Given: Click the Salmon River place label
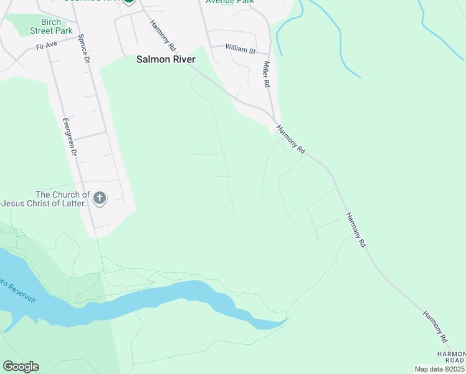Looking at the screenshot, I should click(166, 60).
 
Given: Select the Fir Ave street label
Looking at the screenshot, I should click(47, 46).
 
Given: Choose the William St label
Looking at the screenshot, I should click(240, 48).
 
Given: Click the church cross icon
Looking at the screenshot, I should click(100, 199).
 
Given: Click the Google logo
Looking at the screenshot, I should click(21, 367).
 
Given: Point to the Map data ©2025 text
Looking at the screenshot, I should click(439, 369).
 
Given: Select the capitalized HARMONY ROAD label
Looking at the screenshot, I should click(450, 357).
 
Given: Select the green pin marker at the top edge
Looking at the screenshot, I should click(129, 2).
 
